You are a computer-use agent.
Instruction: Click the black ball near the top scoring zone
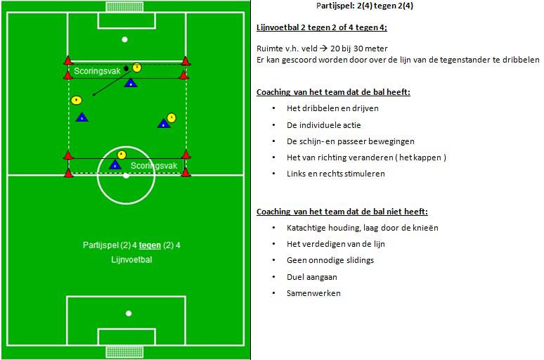pos(126,68)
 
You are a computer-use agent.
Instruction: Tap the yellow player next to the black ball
pos(137,67)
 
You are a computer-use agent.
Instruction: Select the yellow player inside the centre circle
pos(122,154)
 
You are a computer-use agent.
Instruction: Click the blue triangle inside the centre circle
pos(115,165)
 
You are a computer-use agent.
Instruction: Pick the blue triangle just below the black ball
pos(130,83)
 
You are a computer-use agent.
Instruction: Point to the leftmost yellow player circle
pos(77,100)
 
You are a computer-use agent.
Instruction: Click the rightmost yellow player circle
pos(171,117)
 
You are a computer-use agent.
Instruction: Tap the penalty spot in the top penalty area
pos(125,39)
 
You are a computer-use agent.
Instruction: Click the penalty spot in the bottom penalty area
pos(129,313)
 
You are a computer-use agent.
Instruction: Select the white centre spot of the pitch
pos(126,175)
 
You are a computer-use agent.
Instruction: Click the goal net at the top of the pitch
pos(125,6)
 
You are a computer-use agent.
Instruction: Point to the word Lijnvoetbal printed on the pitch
pos(131,259)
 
